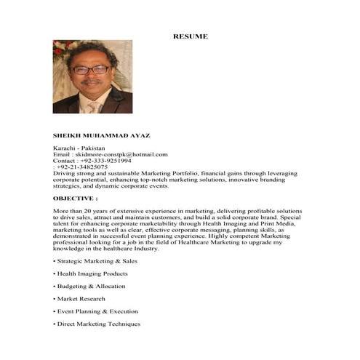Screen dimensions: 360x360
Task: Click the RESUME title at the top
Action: (x=190, y=36)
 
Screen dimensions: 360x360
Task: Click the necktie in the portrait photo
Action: (x=94, y=106)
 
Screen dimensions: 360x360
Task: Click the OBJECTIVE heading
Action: (x=75, y=198)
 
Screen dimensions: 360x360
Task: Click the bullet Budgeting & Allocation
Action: (x=91, y=286)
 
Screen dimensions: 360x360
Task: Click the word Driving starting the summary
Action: (x=64, y=173)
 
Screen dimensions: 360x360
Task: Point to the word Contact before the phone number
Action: (x=64, y=160)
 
